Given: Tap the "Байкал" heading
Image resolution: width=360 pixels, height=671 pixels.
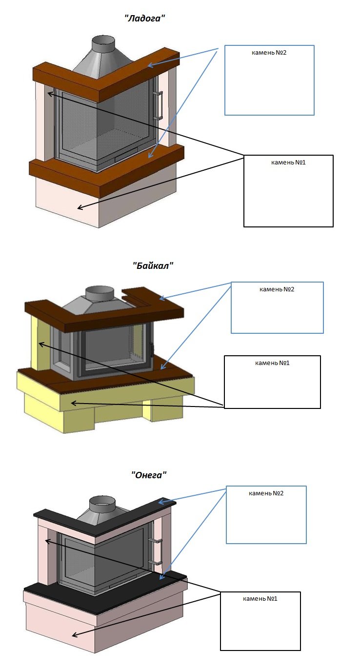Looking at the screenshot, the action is tap(153, 265).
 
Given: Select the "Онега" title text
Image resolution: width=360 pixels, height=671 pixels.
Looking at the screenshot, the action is tap(149, 475).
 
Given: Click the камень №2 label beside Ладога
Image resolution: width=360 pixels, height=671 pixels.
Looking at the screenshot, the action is tap(269, 53).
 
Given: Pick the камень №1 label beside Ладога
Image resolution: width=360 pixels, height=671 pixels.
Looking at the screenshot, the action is tap(288, 163).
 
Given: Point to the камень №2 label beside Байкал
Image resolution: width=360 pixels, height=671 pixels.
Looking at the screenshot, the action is tap(277, 289).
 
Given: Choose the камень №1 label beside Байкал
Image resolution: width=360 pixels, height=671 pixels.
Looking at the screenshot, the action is tap(272, 363).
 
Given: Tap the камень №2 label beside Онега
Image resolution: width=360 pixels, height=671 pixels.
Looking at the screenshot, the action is tap(266, 493).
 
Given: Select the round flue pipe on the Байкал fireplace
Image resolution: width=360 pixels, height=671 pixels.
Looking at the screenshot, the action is tap(100, 293).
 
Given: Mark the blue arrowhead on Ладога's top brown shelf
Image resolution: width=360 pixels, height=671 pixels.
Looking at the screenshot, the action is tap(151, 65).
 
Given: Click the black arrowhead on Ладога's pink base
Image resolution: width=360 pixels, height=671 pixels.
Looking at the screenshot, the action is tap(80, 207).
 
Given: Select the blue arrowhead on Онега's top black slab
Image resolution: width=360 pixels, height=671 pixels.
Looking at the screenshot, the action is tap(162, 502).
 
